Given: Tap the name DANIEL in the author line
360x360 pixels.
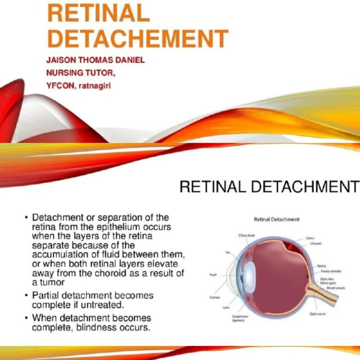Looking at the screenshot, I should (x=129, y=60).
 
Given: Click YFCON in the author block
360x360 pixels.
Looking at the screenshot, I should (x=62, y=85).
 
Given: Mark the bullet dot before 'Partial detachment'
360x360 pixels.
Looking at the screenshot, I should (x=26, y=296).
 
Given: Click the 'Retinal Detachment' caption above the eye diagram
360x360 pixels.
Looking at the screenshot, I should (x=277, y=219).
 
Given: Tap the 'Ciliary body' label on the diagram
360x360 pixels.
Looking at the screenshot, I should (x=247, y=235).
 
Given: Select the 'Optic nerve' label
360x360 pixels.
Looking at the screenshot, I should (x=317, y=314).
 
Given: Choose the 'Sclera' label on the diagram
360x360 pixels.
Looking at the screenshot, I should (x=310, y=238).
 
